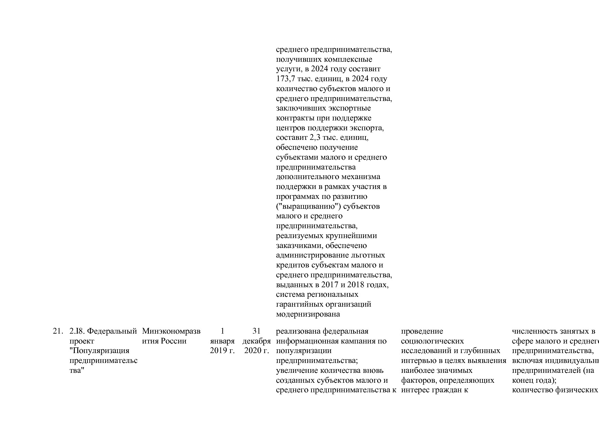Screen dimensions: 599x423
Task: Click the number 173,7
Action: pos(286,79)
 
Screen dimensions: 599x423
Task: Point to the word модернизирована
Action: pos(308,314)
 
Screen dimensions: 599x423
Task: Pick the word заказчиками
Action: pos(299,246)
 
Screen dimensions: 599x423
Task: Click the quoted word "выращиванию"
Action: pos(308,206)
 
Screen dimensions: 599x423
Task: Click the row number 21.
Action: pos(58,331)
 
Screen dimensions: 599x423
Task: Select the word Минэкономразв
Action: pos(171,331)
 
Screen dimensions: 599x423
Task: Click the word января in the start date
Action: pos(222,341)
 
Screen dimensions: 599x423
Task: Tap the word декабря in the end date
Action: pos(256,341)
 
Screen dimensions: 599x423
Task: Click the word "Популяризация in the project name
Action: pos(99,351)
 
